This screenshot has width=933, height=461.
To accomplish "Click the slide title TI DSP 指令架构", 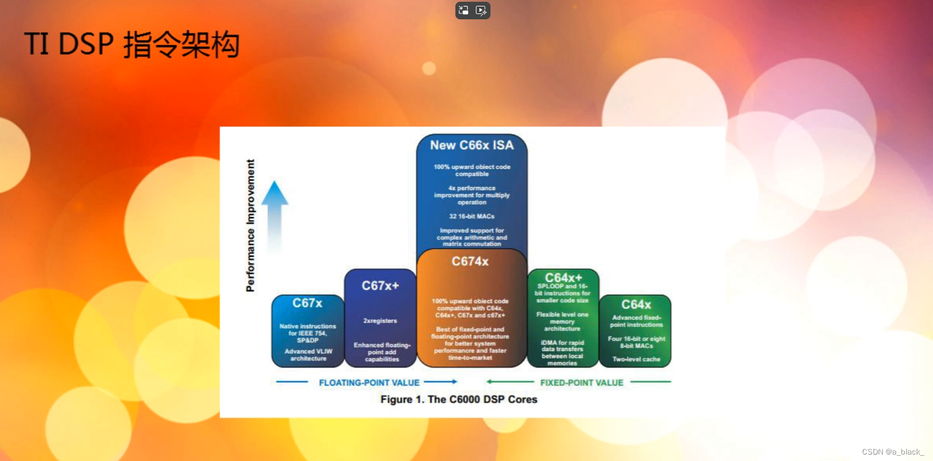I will pyautogui.click(x=132, y=44).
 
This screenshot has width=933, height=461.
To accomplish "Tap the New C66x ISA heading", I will pyautogui.click(x=472, y=145).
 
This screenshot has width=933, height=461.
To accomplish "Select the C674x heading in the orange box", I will pyautogui.click(x=470, y=262).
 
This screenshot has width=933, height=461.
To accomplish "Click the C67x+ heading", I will pyautogui.click(x=380, y=285).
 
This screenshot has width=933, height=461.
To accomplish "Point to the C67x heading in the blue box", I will pyautogui.click(x=307, y=303).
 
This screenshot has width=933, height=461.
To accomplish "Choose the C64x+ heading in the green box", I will pyautogui.click(x=563, y=277).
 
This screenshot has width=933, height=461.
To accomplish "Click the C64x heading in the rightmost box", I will pyautogui.click(x=636, y=304).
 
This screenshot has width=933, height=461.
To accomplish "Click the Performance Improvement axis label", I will pyautogui.click(x=251, y=225).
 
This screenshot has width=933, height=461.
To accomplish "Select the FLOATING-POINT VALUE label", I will pyautogui.click(x=369, y=383).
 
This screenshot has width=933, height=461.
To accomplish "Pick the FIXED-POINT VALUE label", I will pyautogui.click(x=581, y=383).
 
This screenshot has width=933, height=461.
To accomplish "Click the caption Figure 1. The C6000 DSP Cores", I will pyautogui.click(x=458, y=400).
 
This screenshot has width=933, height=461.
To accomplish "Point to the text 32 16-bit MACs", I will pyautogui.click(x=472, y=216).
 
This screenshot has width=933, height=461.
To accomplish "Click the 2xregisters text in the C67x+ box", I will pyautogui.click(x=380, y=321).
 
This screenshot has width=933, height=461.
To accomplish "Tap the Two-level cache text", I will pyautogui.click(x=636, y=359).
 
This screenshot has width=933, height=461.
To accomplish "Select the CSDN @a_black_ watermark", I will pyautogui.click(x=893, y=452).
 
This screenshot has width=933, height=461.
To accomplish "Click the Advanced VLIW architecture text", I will pyautogui.click(x=308, y=355).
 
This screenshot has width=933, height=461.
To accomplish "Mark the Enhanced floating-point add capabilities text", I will pyautogui.click(x=382, y=352).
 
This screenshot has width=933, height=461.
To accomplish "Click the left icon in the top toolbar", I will pyautogui.click(x=464, y=10).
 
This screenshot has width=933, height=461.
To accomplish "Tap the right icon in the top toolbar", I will pyautogui.click(x=481, y=10).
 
